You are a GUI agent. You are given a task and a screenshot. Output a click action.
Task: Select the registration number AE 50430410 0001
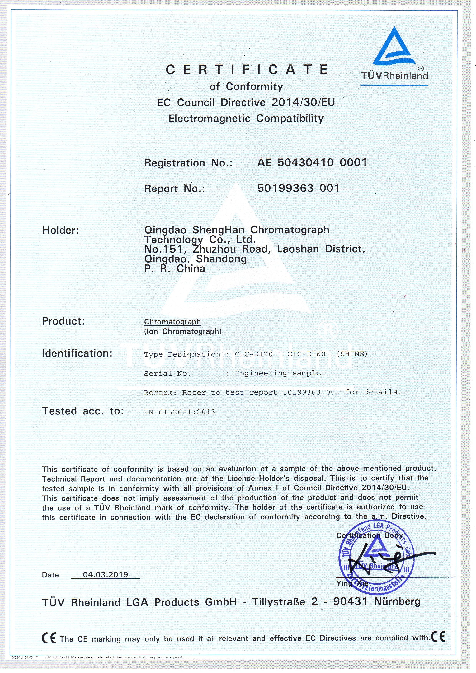click(x=312, y=162)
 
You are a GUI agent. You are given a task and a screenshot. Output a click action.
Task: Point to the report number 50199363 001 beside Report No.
click(x=298, y=188)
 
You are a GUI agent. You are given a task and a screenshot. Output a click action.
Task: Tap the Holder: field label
click(x=60, y=230)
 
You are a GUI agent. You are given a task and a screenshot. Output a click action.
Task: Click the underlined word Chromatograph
click(x=172, y=322)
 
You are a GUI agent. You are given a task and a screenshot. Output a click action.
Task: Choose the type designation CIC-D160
click(x=306, y=354)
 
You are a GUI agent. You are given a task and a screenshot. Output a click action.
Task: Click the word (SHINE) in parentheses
click(x=352, y=354)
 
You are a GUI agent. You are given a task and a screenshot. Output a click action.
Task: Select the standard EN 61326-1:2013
click(x=180, y=412)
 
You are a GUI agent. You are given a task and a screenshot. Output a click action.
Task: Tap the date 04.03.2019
click(x=106, y=574)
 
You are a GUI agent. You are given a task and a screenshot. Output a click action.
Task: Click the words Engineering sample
click(x=278, y=373)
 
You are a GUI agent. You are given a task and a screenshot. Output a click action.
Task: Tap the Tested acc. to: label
click(x=83, y=411)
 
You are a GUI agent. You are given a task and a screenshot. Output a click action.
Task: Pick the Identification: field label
click(x=77, y=353)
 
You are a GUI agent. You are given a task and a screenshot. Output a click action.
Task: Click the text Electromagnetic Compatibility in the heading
click(x=246, y=118)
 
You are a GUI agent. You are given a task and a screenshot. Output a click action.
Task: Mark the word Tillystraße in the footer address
click(x=279, y=602)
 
